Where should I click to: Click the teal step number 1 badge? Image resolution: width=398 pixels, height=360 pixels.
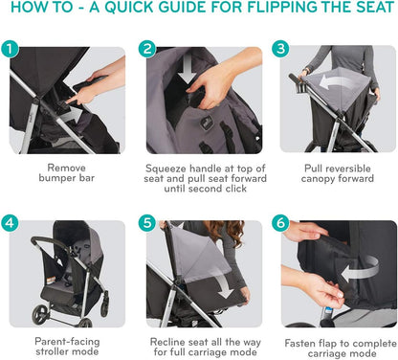10,49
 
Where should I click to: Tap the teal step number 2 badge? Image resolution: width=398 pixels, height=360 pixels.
147,49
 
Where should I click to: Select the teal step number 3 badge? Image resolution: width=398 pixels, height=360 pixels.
280,49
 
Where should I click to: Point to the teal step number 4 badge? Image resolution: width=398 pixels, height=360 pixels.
10,222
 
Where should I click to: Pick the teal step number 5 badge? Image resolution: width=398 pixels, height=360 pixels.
147,222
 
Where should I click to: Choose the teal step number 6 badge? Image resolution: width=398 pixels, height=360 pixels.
280,222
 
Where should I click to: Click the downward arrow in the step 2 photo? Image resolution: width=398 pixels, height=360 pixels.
187,69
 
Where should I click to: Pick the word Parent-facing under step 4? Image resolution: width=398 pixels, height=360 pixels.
67,342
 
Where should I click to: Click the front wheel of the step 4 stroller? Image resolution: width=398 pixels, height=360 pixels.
41,313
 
